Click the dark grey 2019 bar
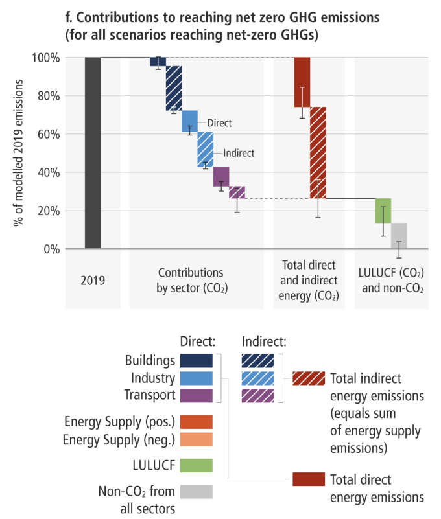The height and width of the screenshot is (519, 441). tap(93, 153)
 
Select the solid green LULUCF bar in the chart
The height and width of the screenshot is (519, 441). tap(383, 211)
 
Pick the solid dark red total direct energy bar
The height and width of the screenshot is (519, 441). tap(302, 82)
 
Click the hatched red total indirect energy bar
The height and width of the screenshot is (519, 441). tap(318, 152)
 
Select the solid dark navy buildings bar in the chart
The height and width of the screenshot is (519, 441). tap(158, 62)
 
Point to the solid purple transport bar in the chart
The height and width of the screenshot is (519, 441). tap(221, 176)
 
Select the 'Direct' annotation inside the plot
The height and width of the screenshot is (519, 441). tap(219, 123)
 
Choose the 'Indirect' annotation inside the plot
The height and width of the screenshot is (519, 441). tap(239, 154)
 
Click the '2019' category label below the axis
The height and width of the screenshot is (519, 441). tap(93, 281)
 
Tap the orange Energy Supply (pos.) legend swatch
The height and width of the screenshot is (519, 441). tap(197, 422)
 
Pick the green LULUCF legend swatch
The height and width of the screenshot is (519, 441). tap(197, 465)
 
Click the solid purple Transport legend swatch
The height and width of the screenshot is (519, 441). tap(197, 395)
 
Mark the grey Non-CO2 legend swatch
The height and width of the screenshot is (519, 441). tap(197, 491)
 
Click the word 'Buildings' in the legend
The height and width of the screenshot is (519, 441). tap(151, 360)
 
